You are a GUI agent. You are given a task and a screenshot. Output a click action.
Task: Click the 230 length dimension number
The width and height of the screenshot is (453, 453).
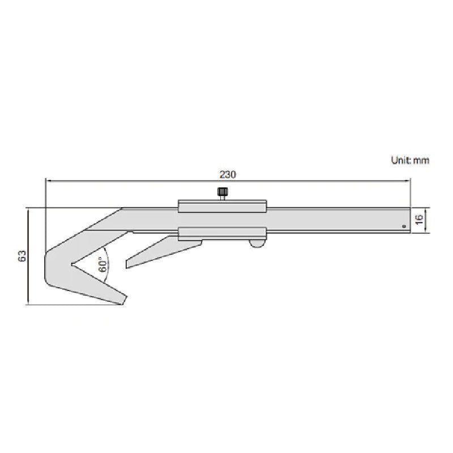click(x=228, y=174)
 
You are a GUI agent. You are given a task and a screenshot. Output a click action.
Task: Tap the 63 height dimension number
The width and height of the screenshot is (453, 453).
click(x=22, y=256)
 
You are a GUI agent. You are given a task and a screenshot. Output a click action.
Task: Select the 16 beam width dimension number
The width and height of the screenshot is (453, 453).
click(x=420, y=220)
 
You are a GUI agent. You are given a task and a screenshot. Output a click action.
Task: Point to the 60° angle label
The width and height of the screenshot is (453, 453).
click(x=102, y=265)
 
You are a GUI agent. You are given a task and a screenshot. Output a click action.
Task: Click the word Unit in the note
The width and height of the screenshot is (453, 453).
click(x=400, y=160)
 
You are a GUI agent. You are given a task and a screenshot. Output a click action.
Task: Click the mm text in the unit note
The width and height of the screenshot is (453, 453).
click(x=421, y=160)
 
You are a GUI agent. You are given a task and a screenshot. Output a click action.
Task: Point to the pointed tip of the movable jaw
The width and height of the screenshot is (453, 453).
click(x=127, y=265)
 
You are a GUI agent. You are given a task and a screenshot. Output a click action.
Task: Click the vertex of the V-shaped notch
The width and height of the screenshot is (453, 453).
click(x=71, y=264)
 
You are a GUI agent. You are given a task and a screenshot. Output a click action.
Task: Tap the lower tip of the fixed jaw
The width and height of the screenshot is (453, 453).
click(x=122, y=301)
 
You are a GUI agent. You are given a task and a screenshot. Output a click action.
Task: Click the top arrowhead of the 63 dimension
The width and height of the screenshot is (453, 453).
click(x=27, y=210)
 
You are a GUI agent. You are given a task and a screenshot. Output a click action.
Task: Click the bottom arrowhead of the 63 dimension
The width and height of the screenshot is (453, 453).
click(x=27, y=302)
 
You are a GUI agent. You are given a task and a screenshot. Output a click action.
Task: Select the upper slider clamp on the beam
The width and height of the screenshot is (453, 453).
click(x=222, y=206)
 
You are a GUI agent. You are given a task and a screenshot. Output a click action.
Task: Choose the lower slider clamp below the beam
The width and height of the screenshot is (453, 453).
click(x=222, y=233)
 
